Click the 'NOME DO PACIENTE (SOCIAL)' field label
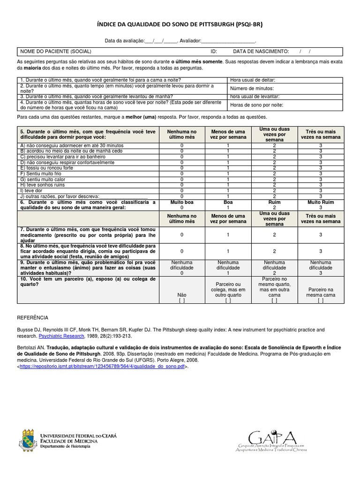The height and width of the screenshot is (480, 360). pyautogui.click(x=55, y=51)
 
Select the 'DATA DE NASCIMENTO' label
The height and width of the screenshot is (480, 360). pyautogui.click(x=261, y=51)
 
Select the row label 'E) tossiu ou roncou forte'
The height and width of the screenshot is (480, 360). pyautogui.click(x=46, y=167)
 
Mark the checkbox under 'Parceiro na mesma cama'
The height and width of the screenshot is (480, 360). pyautogui.click(x=321, y=301)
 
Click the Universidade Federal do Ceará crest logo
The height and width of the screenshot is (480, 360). pyautogui.click(x=26, y=440)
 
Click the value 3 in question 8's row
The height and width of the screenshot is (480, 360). pyautogui.click(x=321, y=251)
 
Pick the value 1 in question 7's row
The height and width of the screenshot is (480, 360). pyautogui.click(x=228, y=234)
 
